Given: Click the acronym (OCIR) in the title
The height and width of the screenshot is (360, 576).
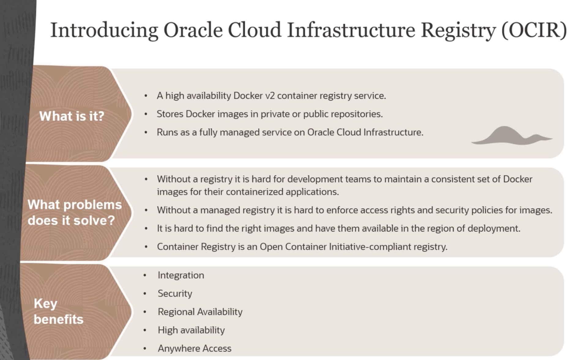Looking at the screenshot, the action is point(534,30).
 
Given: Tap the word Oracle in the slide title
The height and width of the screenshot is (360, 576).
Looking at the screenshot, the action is point(193,30).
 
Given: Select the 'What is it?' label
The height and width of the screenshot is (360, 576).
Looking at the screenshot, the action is point(72,116).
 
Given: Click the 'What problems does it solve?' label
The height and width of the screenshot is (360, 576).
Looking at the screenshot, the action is point(74,212).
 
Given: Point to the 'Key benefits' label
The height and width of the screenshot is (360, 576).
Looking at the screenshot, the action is point(58,311).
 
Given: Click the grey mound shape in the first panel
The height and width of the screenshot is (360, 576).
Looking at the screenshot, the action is point(512,136).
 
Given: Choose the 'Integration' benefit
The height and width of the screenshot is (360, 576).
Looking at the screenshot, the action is point(181,275).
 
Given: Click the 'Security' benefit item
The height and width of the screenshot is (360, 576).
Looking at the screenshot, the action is point(175,294).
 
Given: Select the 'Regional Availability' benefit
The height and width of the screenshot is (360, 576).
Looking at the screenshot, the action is point(200,312).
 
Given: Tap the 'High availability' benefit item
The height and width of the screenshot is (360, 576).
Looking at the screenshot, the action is point(191,330).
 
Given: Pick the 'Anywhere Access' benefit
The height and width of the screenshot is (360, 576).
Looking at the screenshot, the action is point(195,348).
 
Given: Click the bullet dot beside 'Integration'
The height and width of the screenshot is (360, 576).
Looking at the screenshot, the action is point(145,275).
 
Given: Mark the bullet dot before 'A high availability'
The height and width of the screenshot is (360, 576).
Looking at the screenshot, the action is point(146,96).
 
